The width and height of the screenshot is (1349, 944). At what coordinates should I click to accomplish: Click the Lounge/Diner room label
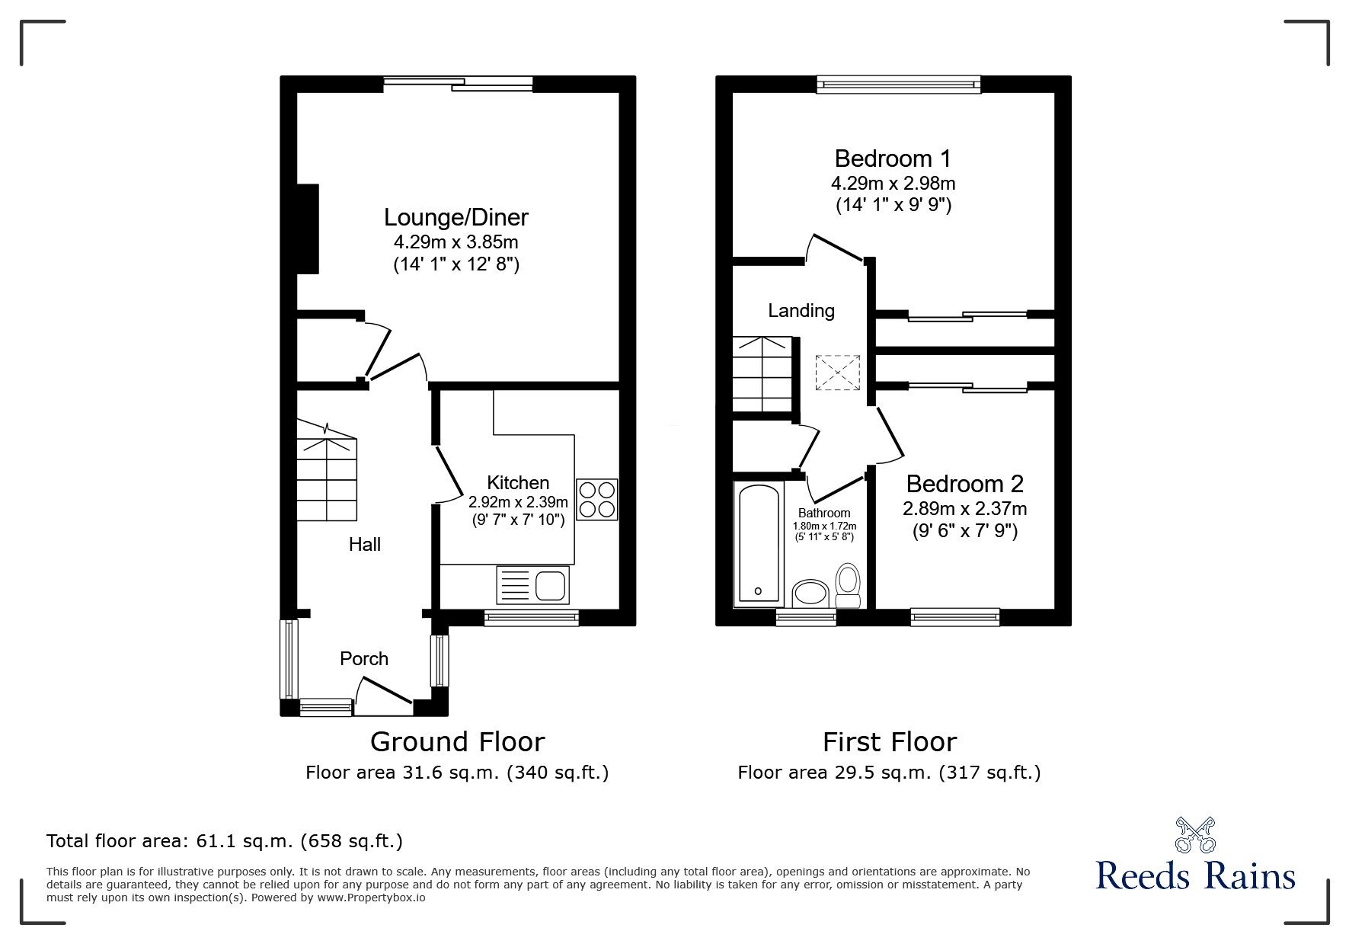click(x=456, y=218)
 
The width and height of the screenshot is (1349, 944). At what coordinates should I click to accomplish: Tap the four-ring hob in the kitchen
click(x=596, y=499)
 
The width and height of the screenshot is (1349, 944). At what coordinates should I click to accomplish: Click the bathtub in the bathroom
click(x=758, y=543)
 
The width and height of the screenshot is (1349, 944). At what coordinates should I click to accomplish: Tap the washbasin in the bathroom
click(x=810, y=593)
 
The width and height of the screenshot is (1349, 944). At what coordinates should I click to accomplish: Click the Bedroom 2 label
click(x=964, y=484)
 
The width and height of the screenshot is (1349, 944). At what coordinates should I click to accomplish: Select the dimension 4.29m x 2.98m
click(x=893, y=184)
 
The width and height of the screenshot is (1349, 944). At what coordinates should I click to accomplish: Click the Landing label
click(x=801, y=311)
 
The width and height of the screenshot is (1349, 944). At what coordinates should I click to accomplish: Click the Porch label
click(x=364, y=659)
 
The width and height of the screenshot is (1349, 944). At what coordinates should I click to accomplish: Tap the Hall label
click(x=365, y=545)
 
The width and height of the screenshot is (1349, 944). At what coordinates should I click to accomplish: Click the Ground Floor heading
click(x=457, y=741)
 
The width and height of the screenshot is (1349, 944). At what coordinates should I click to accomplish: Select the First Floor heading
click(x=889, y=741)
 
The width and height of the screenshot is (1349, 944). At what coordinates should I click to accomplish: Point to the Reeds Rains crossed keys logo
click(x=1194, y=835)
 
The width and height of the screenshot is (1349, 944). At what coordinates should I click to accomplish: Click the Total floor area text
click(x=225, y=841)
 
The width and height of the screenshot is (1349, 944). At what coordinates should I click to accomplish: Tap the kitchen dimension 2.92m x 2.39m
click(x=518, y=502)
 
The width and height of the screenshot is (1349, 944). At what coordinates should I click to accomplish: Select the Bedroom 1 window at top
click(x=898, y=85)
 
